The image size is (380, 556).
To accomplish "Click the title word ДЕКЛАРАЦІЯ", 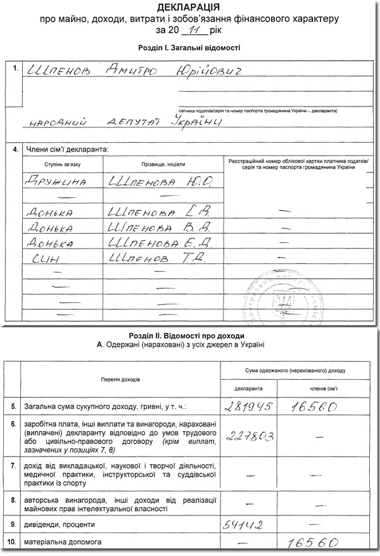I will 189,8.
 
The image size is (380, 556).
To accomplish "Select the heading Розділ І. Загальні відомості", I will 189,48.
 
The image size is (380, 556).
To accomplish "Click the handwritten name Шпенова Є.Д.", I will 162,242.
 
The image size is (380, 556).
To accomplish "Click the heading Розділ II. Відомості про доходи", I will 189,335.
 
